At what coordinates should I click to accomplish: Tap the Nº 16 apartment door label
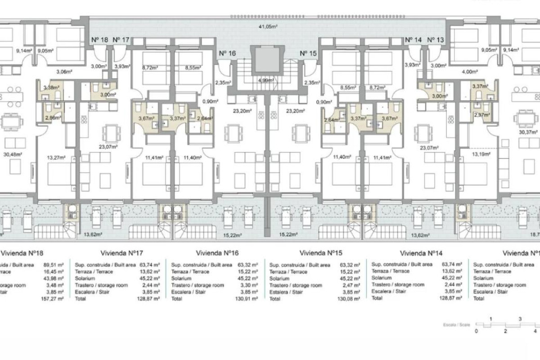(227, 53)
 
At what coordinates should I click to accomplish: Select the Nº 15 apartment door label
(308, 53)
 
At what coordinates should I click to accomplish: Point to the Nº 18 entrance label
(100, 40)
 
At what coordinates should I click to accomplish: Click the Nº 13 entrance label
(434, 40)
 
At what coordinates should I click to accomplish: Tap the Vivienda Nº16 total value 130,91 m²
(247, 299)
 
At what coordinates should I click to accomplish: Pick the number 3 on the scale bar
(520, 319)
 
